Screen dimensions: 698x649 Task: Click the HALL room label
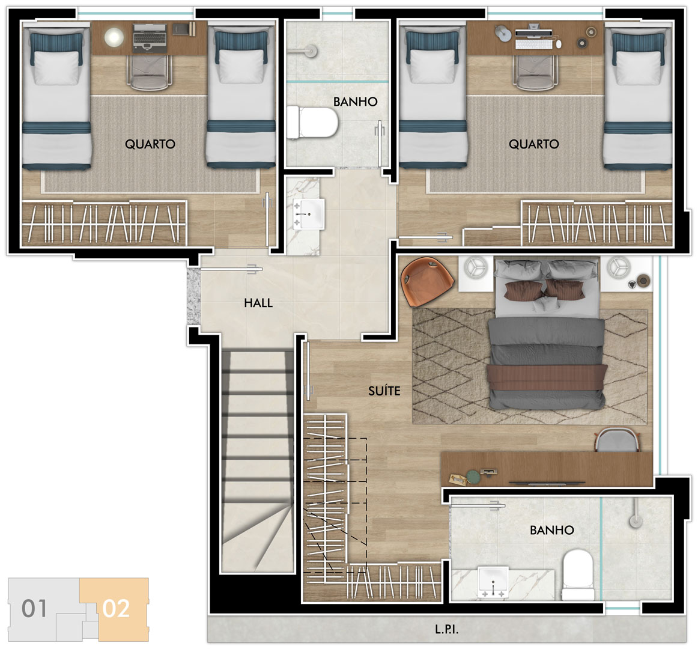258,303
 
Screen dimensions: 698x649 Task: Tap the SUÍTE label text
384,391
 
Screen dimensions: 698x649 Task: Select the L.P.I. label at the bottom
446,629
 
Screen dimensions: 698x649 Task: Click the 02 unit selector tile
117,609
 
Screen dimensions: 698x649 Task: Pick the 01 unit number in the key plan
34,609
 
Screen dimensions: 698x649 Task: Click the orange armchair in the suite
426,282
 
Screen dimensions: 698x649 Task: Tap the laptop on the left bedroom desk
150,38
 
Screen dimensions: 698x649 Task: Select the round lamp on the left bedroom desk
114,37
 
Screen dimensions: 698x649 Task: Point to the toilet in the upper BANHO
312,122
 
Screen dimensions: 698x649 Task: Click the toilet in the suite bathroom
578,575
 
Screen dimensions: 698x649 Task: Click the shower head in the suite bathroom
635,520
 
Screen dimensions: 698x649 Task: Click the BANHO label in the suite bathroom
551,530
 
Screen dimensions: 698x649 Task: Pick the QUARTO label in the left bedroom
150,144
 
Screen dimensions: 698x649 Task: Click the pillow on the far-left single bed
56,67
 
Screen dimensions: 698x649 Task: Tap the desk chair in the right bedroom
534,72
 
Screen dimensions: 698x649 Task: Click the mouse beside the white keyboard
559,44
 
